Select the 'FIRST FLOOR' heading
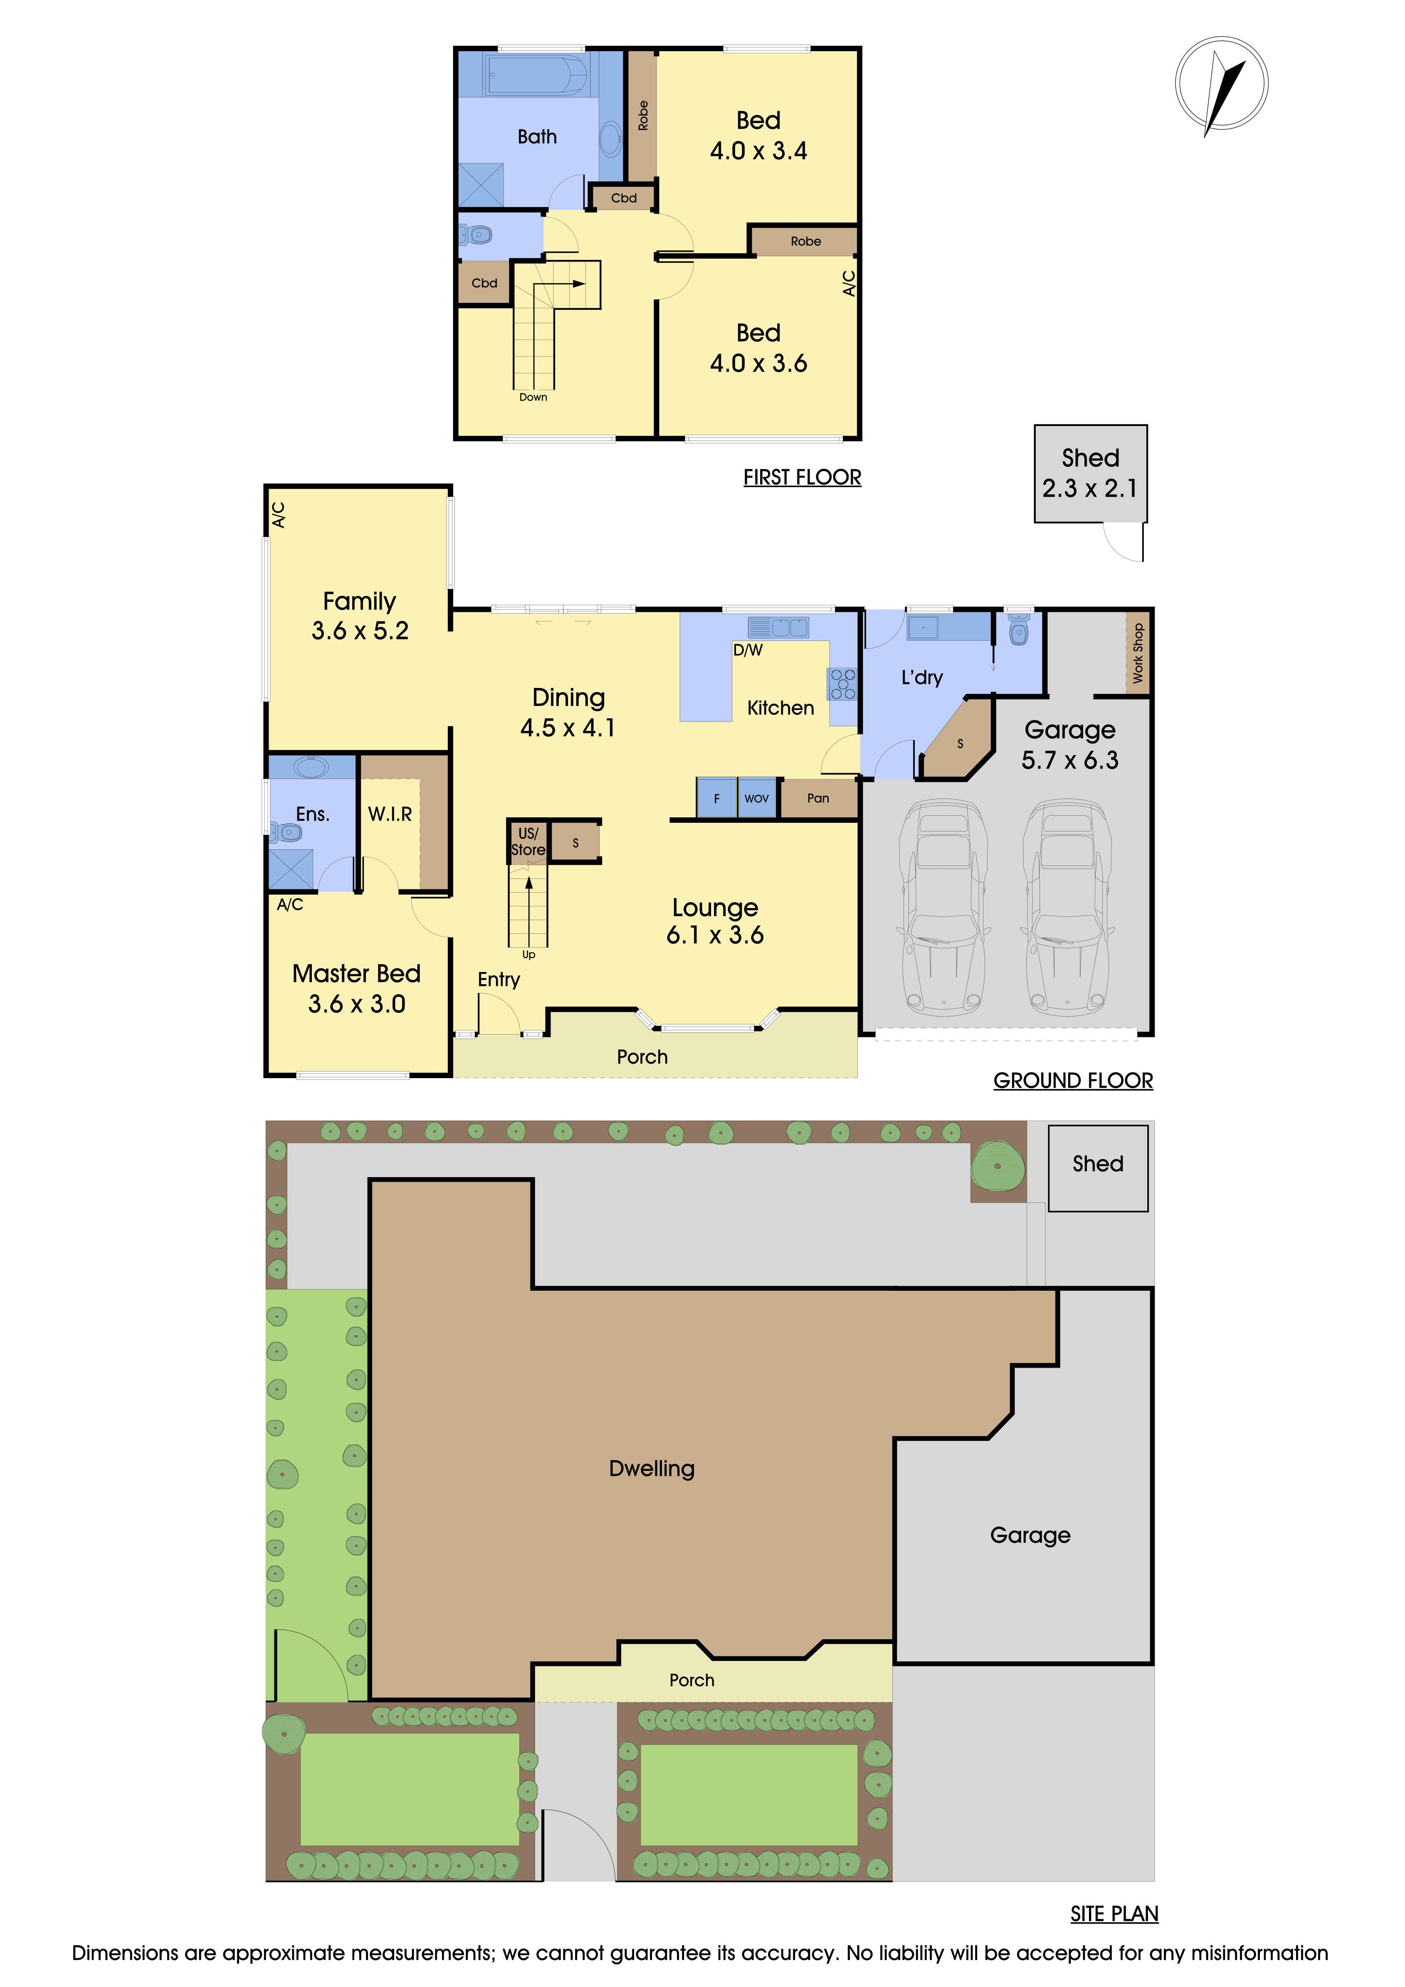coord(802,478)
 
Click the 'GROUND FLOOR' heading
coord(1073,1081)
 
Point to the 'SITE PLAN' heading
coord(1114,1913)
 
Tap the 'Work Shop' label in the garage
coord(1138,653)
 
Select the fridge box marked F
coord(716,798)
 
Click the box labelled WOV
coord(756,798)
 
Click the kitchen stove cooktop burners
coord(844,684)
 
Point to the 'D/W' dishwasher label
coord(748,650)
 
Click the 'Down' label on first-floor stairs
coord(533,397)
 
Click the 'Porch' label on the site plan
coord(692,1680)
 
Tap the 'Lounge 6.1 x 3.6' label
coord(716,921)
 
